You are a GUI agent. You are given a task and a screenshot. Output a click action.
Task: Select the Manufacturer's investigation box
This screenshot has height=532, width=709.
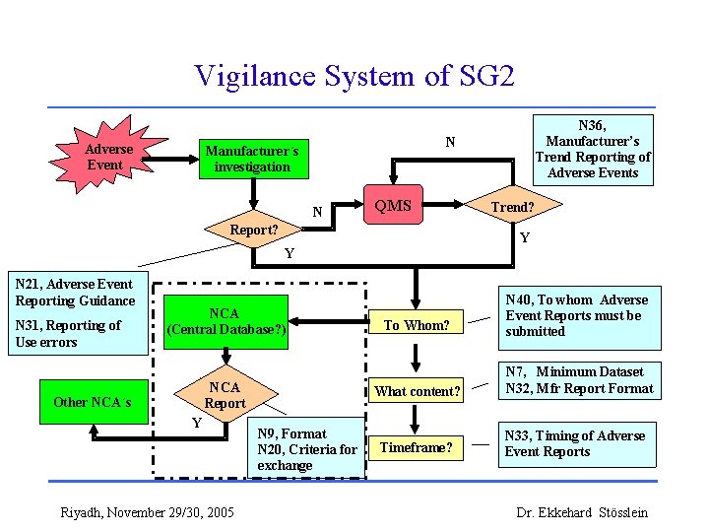point(253,159)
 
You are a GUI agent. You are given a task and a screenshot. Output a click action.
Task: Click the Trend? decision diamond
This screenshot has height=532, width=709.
point(512,207)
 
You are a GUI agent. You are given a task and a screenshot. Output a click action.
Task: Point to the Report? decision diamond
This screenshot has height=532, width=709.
point(253,230)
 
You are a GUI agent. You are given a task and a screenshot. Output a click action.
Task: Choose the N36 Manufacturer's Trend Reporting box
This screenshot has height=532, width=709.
point(592,149)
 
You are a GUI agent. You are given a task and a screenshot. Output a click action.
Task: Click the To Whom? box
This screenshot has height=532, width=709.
point(417,324)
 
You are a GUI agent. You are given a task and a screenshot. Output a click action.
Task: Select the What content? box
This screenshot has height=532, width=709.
point(417,391)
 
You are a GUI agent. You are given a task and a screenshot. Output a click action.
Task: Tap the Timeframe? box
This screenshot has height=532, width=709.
point(417,447)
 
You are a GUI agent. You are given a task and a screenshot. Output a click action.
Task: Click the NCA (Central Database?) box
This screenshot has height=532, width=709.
point(226,322)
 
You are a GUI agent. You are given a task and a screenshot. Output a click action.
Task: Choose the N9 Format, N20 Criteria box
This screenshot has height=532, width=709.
point(306,449)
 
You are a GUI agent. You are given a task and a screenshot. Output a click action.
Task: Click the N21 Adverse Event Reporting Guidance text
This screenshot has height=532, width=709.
point(76,293)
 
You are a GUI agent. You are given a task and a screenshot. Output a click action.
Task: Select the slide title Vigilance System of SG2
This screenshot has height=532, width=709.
point(354,76)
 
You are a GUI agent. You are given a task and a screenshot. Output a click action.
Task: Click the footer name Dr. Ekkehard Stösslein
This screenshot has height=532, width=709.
point(583,512)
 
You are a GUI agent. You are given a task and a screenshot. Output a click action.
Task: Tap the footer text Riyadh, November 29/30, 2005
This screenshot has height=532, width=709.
point(147,512)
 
